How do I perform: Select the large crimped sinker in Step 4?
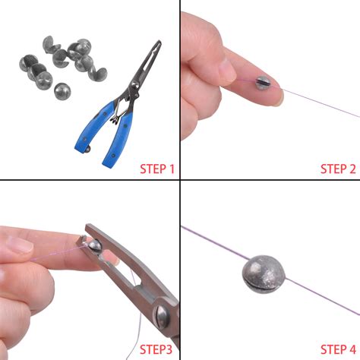pos(266,271)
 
